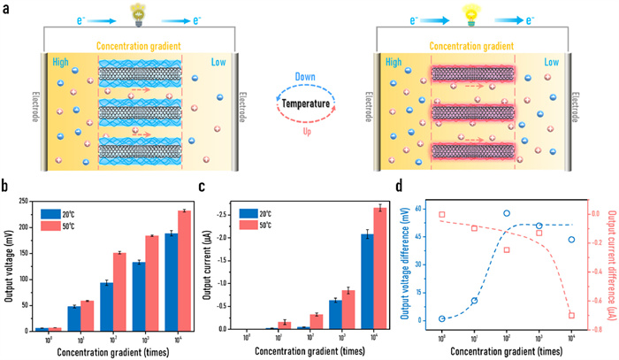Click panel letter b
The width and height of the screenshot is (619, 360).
(6, 188)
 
